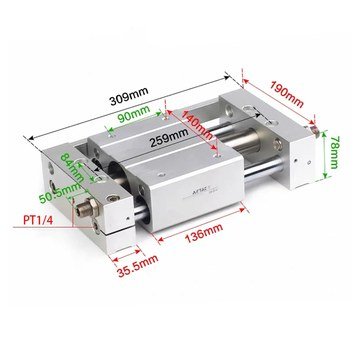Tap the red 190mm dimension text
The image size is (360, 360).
[x=287, y=94]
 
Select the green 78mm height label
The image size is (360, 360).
[x=334, y=152]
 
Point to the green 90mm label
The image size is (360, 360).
[x=133, y=115]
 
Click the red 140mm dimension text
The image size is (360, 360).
[x=196, y=124]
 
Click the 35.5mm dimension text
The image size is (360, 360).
[x=137, y=266]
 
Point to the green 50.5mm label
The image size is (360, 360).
[x=60, y=193]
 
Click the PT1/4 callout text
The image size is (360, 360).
[x=38, y=220]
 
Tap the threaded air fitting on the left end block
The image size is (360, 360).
[x=87, y=209]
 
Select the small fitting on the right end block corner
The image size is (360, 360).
[x=314, y=130]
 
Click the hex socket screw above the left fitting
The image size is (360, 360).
[x=113, y=198]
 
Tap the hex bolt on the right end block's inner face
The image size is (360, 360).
[x=277, y=144]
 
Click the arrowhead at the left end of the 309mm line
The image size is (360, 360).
[x=32, y=138]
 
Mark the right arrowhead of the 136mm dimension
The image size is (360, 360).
[x=242, y=210]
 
